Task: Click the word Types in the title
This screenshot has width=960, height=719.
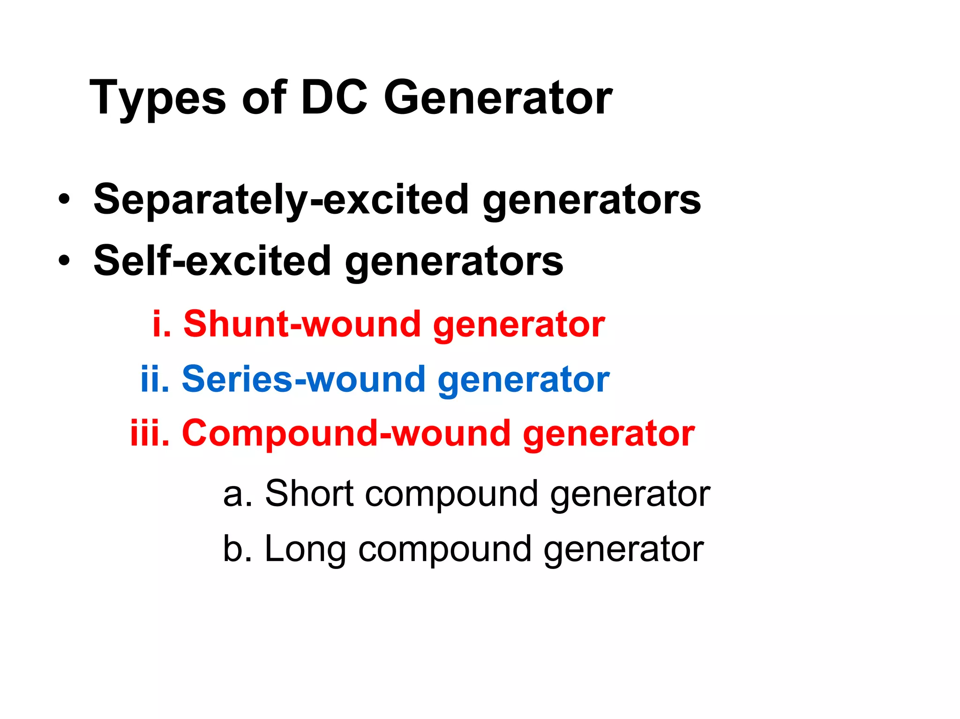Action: point(157,98)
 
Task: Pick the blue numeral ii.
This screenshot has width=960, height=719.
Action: point(154,379)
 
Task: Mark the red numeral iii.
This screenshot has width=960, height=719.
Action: point(150,433)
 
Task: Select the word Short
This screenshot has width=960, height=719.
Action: point(309,494)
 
